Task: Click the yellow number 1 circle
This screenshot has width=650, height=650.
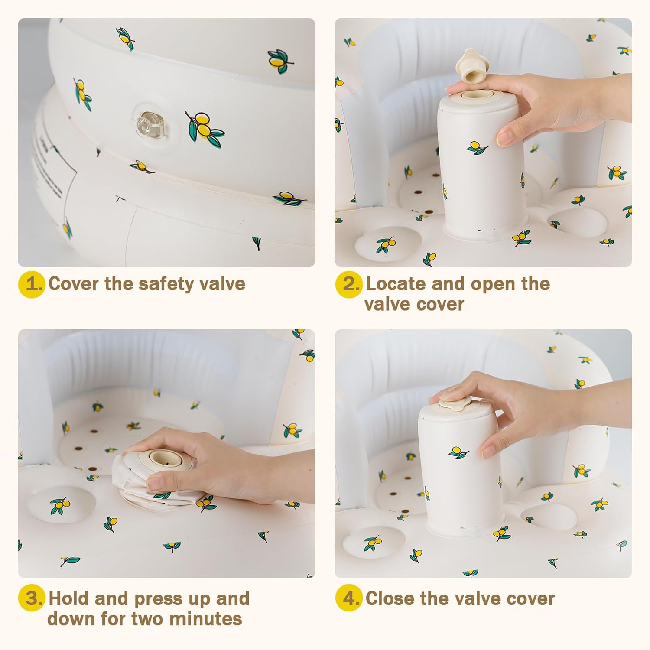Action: pos(32,284)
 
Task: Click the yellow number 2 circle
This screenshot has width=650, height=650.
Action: pos(349,284)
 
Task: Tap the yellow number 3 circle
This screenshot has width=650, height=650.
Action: pos(32,599)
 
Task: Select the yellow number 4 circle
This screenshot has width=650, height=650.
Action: pos(349,599)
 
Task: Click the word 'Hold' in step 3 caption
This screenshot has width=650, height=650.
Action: pos(69,599)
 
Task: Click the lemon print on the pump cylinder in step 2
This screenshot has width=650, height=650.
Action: pos(477,147)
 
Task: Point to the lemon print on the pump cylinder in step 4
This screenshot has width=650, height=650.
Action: pos(459,452)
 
